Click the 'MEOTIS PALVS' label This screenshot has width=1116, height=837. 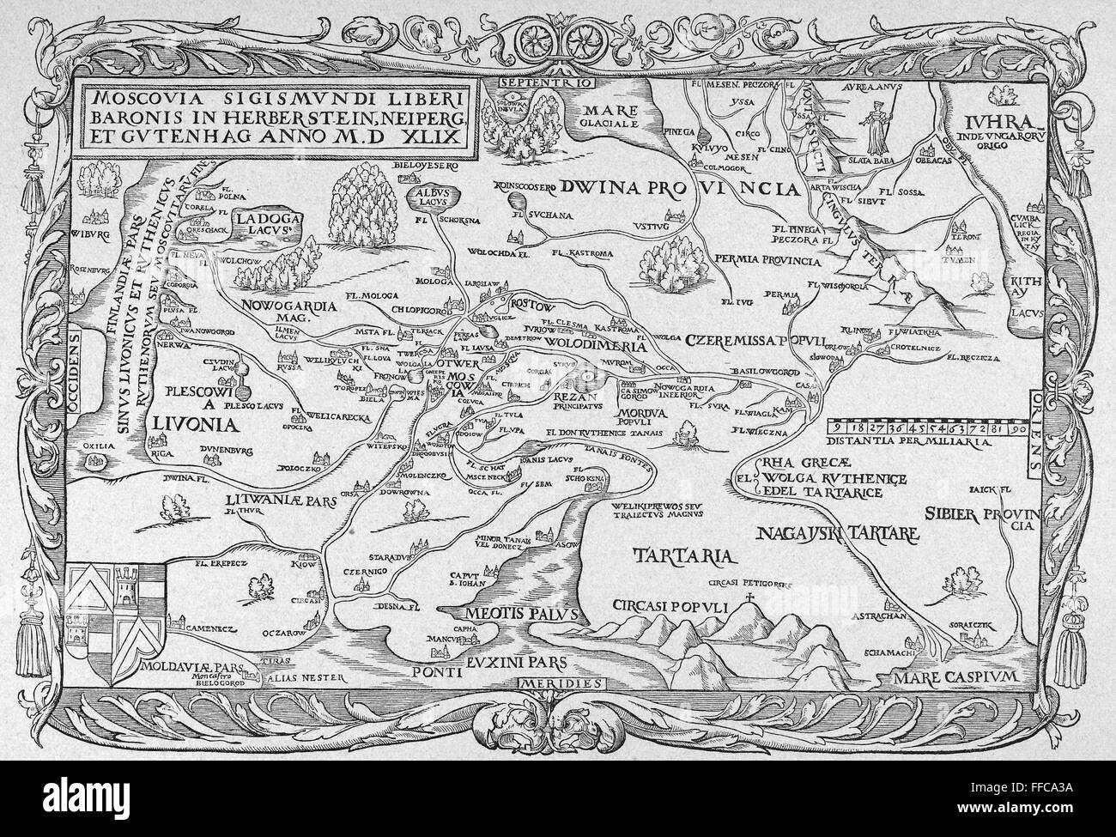[513, 615]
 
